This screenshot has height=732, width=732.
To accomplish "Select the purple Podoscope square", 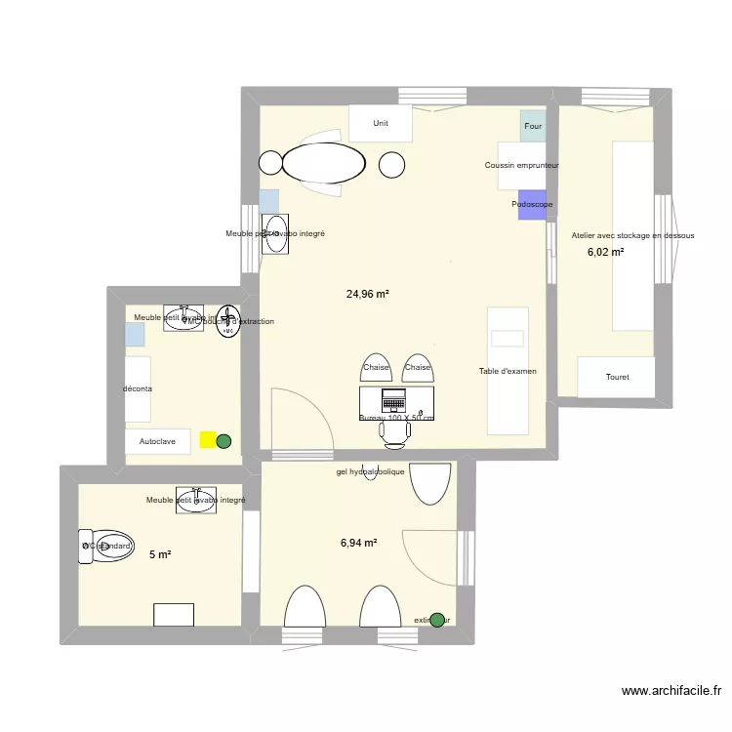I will pyautogui.click(x=532, y=204).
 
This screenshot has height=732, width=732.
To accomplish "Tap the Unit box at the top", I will pyautogui.click(x=381, y=124).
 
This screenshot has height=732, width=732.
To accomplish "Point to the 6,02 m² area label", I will pyautogui.click(x=605, y=252).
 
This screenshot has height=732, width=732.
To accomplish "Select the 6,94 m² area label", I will pyautogui.click(x=358, y=543).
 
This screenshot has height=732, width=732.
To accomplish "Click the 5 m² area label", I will pyautogui.click(x=160, y=554).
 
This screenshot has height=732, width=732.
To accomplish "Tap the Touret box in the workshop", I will pyautogui.click(x=617, y=377).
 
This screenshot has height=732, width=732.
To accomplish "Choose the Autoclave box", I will pyautogui.click(x=157, y=441).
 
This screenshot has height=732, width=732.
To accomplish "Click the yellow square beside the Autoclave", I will pyautogui.click(x=208, y=440).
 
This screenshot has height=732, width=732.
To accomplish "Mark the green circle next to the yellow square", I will pyautogui.click(x=224, y=441).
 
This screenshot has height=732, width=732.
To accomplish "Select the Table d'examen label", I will pyautogui.click(x=508, y=371).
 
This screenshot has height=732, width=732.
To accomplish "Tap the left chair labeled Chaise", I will pyautogui.click(x=376, y=368).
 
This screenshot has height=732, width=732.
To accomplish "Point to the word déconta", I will pyautogui.click(x=138, y=389).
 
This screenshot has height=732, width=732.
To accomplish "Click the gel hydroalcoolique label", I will pyautogui.click(x=370, y=471).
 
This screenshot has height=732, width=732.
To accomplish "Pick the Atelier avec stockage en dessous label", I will pyautogui.click(x=632, y=235).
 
